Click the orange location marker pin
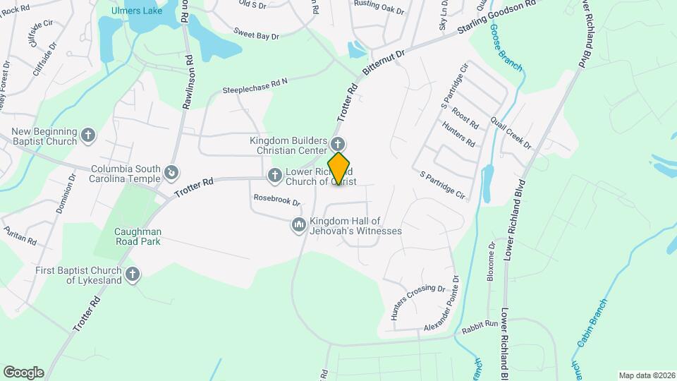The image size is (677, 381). (338, 169)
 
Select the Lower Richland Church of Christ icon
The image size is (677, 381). (274, 174)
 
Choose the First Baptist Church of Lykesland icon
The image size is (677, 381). (133, 274)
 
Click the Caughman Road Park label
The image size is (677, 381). (138, 236)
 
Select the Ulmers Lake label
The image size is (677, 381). (138, 11)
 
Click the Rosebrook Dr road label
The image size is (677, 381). (277, 200)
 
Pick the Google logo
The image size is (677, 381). (23, 373)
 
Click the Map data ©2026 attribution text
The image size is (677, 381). (645, 375)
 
